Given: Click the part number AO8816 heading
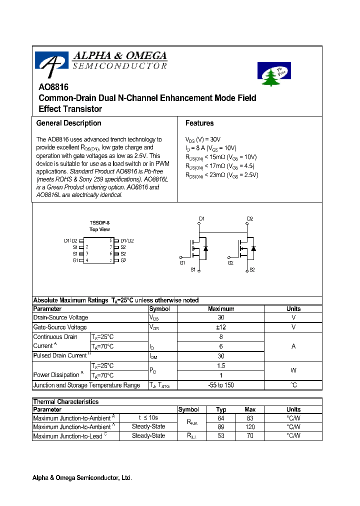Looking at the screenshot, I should (x=53, y=86).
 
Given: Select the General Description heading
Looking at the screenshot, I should (x=68, y=123).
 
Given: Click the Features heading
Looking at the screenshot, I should (x=199, y=123).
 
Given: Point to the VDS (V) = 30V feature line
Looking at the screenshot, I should (x=202, y=139).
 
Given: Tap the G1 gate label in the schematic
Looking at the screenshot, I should (x=182, y=262).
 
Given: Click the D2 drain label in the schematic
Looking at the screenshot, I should (x=250, y=218).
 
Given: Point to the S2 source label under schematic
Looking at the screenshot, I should (x=252, y=269).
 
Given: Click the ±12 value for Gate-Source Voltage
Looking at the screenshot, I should (x=220, y=327).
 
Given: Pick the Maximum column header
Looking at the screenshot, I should (x=220, y=309).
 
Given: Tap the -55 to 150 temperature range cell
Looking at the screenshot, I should (x=220, y=385).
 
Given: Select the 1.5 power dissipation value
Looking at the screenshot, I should (x=220, y=365).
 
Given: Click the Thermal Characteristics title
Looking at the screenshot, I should (x=65, y=401).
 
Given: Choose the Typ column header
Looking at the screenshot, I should (x=221, y=409).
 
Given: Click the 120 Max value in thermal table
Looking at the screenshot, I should (x=250, y=427).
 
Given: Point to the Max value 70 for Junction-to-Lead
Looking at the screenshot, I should (x=250, y=436).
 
